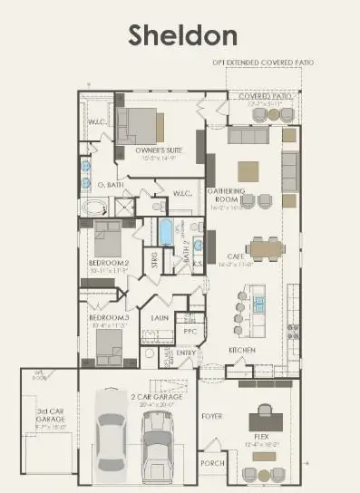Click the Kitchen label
pos(241,350)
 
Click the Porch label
pos(212,463)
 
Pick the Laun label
pos(160,318)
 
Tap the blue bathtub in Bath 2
pos(165,231)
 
